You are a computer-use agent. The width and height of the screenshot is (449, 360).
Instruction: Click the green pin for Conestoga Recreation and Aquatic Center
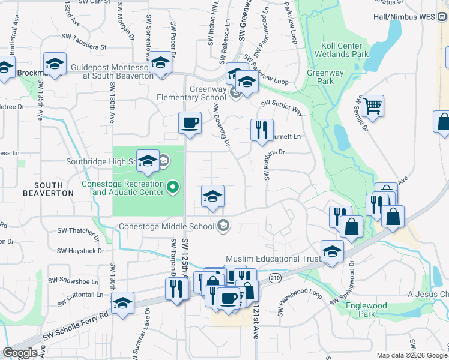pos(173,188)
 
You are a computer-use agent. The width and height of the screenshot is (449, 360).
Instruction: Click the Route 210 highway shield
pos(275,278)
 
